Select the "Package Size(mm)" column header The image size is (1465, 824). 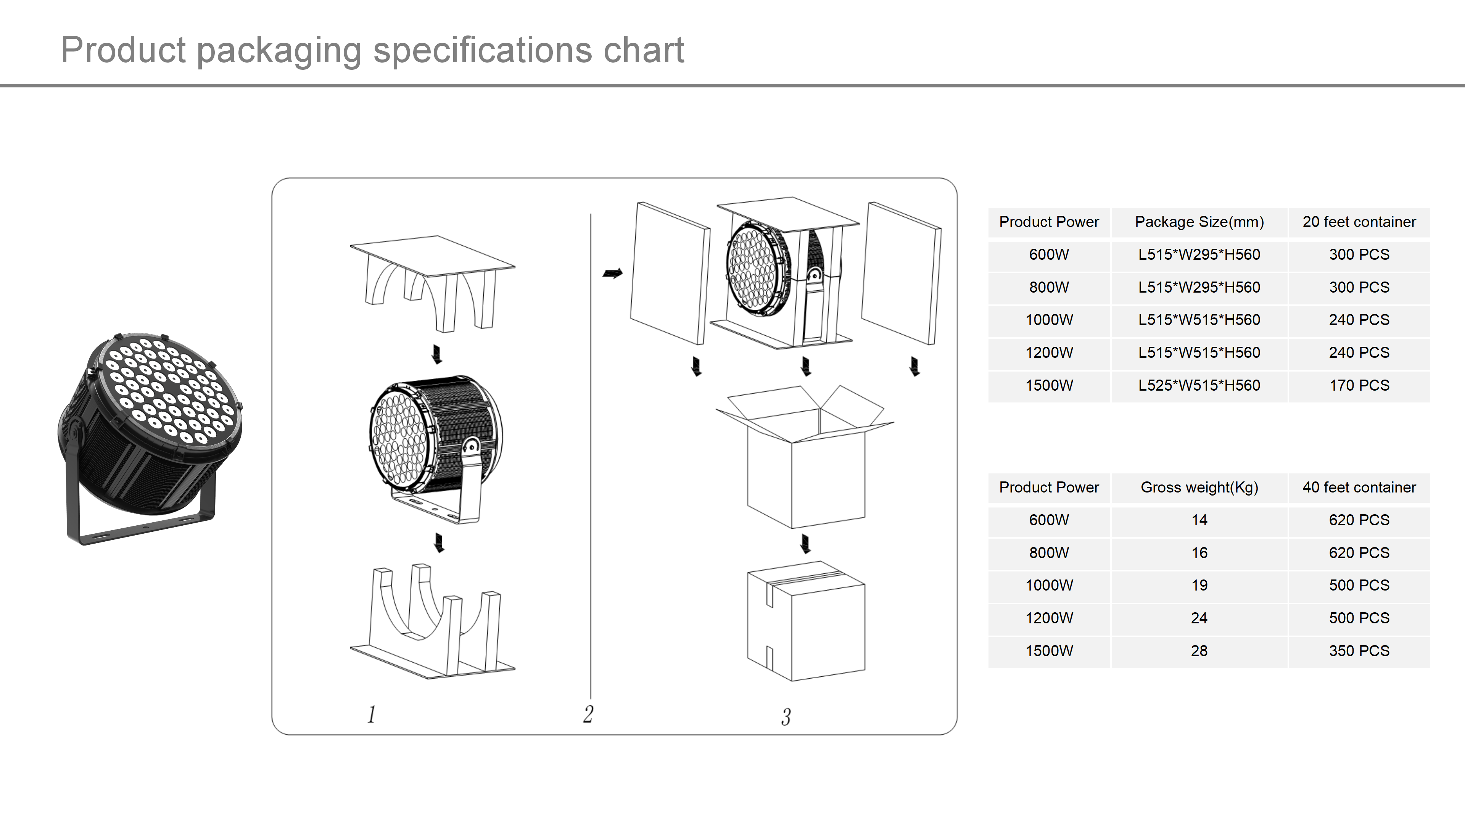coord(1199,222)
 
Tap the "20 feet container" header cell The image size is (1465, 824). coord(1359,222)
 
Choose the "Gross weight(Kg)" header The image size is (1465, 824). coord(1199,488)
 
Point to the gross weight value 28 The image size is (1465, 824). coord(1199,650)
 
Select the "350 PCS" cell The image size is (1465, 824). coord(1359,650)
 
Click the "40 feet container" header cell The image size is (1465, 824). coord(1359,488)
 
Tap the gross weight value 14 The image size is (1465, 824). coord(1199,520)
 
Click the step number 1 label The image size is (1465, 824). coord(371,714)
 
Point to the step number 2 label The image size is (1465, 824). coord(588,714)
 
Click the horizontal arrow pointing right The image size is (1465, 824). coord(612,274)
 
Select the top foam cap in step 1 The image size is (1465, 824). coord(432,278)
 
